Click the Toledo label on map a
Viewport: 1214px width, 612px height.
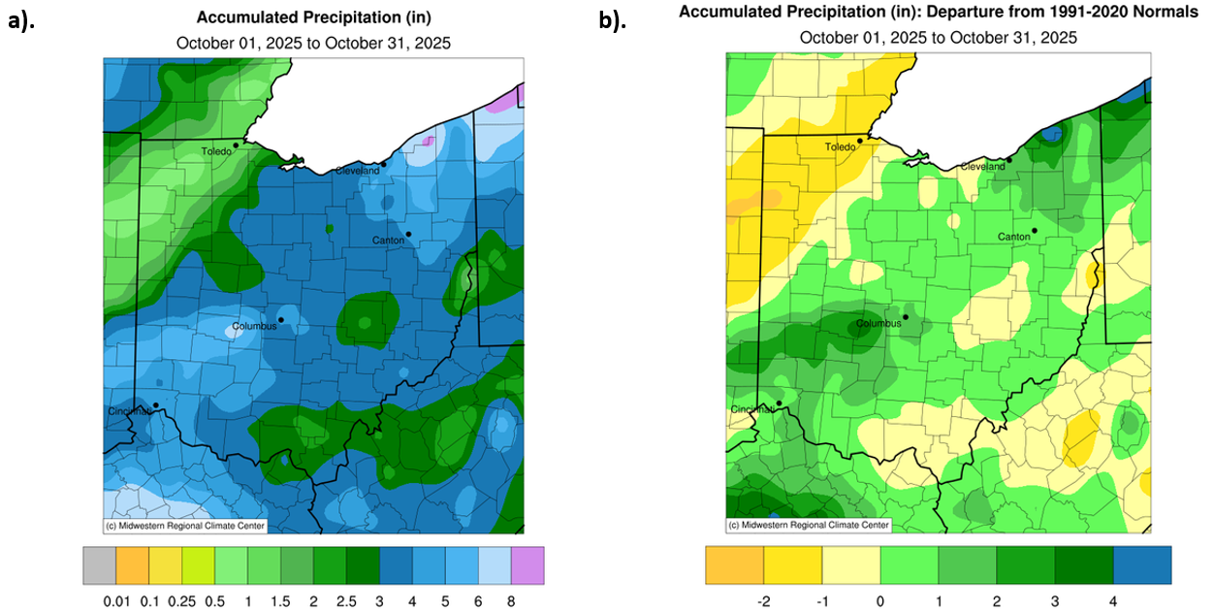pos(216,152)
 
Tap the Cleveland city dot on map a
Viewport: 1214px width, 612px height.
pos(384,164)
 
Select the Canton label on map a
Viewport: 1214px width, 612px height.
pos(389,240)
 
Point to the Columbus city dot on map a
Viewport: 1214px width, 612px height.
pos(281,319)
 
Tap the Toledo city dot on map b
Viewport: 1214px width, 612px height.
pos(860,142)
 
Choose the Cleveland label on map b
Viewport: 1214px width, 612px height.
pos(982,167)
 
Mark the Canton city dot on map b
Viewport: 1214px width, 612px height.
pos(1035,230)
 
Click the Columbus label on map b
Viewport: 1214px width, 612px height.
pos(879,323)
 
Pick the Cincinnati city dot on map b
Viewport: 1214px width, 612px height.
pos(780,403)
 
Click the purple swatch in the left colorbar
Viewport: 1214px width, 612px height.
pos(527,565)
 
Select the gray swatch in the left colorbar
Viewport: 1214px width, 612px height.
pos(99,565)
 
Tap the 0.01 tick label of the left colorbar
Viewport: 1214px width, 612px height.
pos(114,601)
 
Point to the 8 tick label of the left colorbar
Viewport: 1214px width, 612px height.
pos(511,601)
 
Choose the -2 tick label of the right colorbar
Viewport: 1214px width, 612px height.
pos(762,601)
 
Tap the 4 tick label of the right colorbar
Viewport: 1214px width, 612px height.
pos(1112,601)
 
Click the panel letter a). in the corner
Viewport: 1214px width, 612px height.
pos(20,22)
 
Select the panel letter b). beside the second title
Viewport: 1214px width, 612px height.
pos(611,20)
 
